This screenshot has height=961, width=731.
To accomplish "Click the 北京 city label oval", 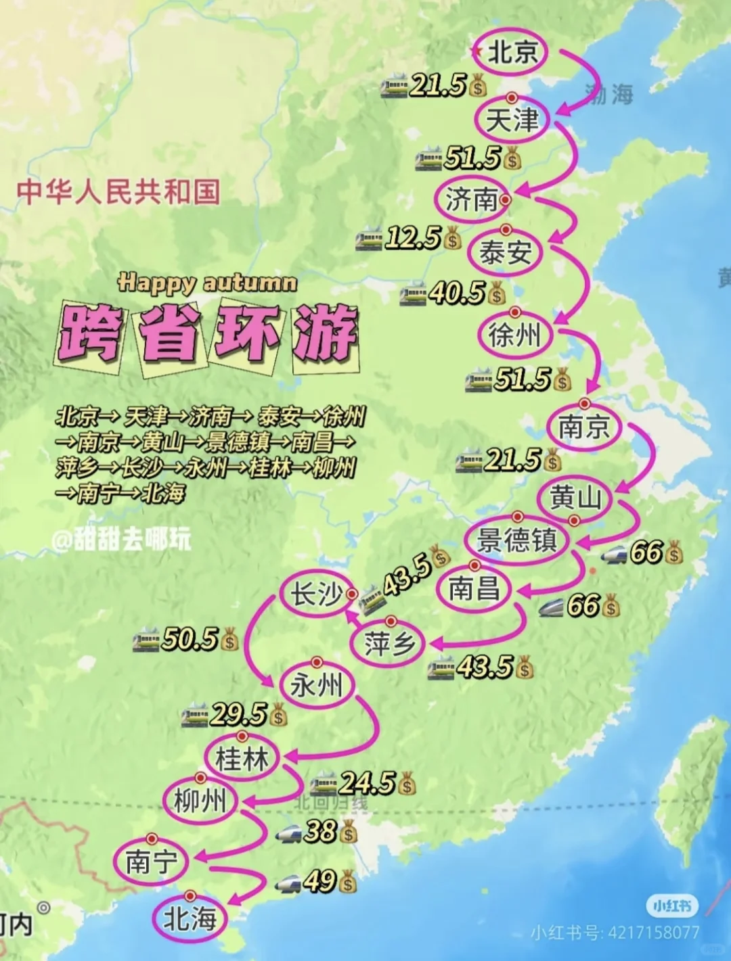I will (x=512, y=52).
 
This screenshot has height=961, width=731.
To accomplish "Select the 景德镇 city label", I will (x=518, y=540).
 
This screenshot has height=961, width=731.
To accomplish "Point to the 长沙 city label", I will (x=316, y=595).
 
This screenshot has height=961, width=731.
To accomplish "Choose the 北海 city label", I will (x=190, y=919).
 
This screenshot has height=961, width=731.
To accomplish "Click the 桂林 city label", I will (x=242, y=758).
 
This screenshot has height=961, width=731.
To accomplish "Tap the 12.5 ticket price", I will (x=413, y=238).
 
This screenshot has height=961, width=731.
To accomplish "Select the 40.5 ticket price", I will (x=457, y=293).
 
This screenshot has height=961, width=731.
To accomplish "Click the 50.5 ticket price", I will (x=190, y=640).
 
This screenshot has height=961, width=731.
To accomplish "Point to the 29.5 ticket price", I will (x=238, y=714).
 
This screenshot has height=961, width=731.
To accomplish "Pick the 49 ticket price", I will (x=319, y=881).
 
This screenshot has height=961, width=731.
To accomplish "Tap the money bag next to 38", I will (x=348, y=832).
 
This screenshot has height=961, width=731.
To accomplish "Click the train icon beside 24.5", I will (x=323, y=784).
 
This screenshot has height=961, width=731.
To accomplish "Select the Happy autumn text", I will (x=207, y=282).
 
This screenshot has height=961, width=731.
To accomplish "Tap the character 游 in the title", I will (x=325, y=333).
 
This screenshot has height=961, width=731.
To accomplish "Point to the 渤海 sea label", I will (x=610, y=94).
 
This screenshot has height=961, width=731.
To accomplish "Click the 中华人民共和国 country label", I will (x=118, y=191).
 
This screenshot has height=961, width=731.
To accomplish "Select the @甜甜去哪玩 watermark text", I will (x=122, y=540).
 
